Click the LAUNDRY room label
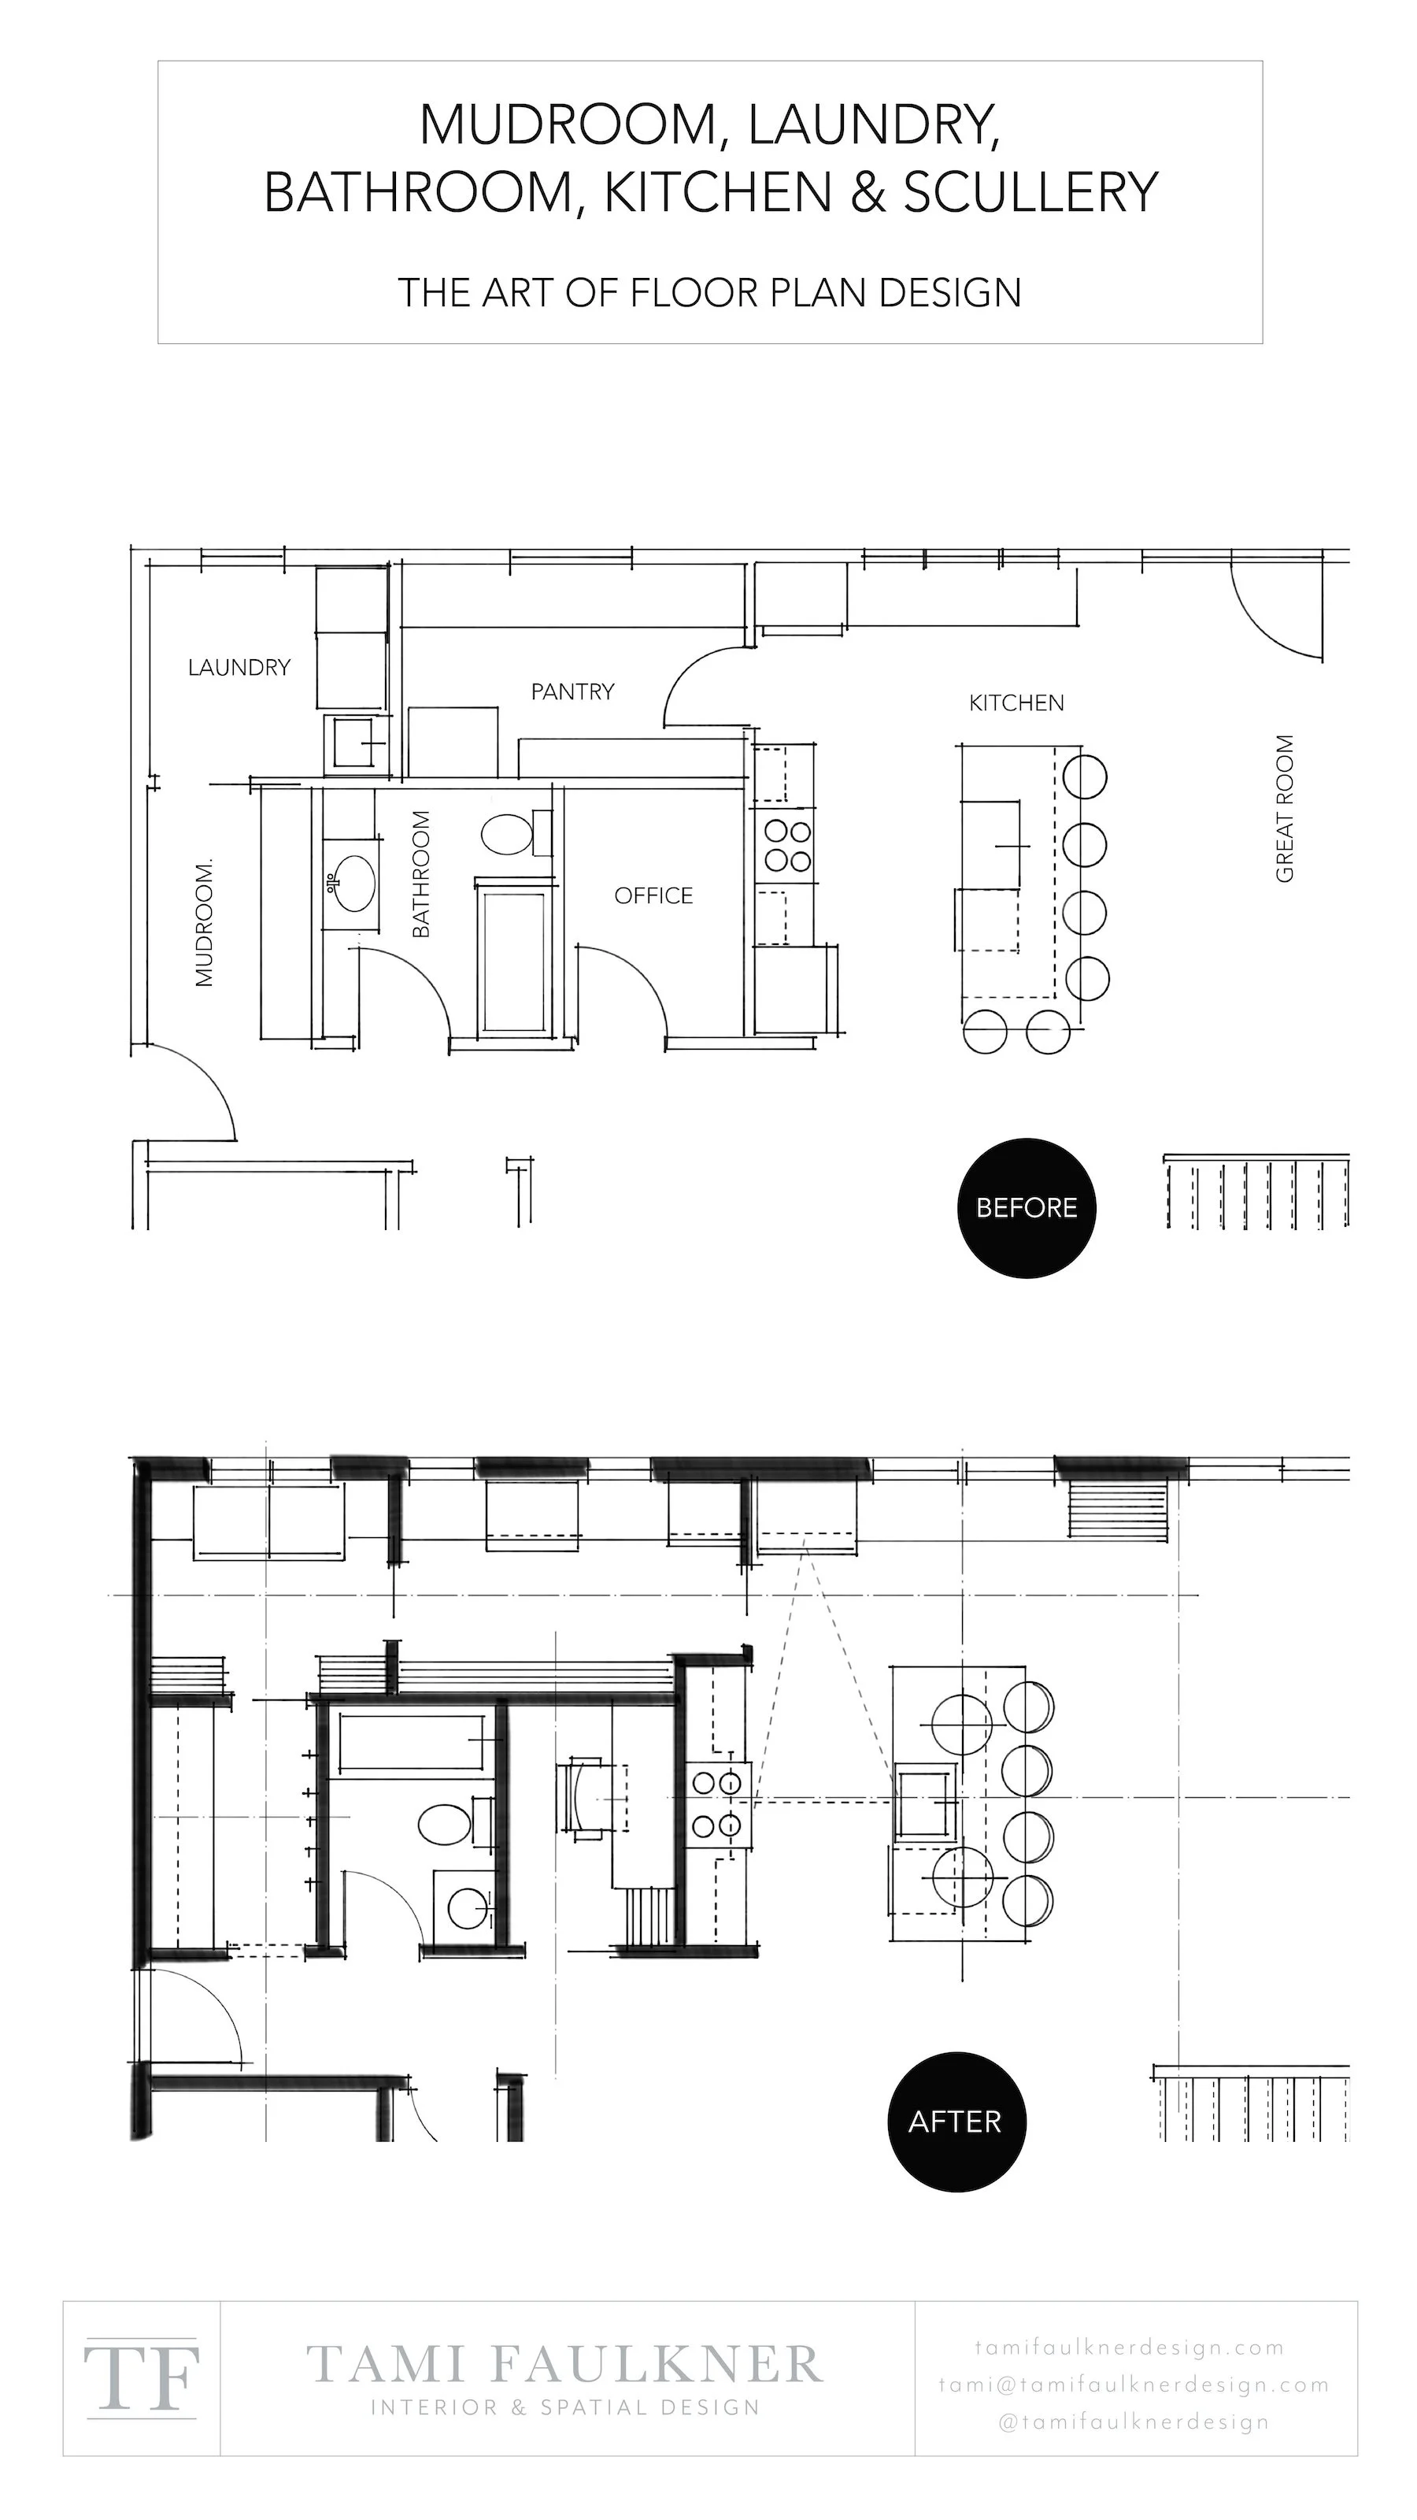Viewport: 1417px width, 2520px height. point(239,667)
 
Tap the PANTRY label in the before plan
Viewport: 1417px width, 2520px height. point(572,691)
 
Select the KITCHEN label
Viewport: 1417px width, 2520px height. point(1016,702)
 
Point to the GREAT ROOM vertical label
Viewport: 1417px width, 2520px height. point(1285,808)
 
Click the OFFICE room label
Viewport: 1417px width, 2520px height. point(653,895)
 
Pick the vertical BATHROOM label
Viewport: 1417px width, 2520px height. point(420,873)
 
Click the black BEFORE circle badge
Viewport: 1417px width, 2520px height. point(1027,1207)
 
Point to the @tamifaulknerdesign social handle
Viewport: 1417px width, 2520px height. point(1134,2422)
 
